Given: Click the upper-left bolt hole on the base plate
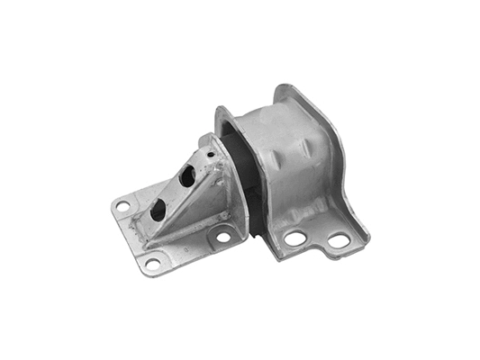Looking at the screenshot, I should (x=122, y=207).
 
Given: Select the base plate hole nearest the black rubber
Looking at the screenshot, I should (x=222, y=238).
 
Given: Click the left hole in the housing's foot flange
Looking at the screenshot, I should (x=294, y=239).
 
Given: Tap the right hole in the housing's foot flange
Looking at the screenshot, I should (x=338, y=240).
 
